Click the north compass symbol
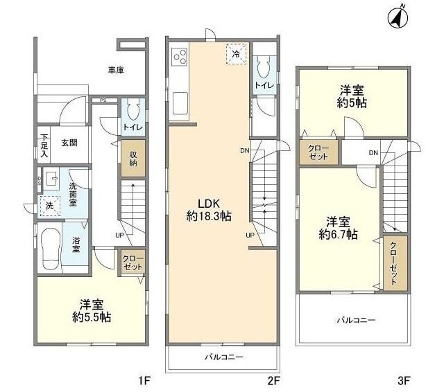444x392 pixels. [398, 17]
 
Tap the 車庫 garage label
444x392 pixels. [116, 70]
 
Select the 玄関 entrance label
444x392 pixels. [69, 143]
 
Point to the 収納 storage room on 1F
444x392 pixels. [133, 159]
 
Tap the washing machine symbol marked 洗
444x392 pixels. [50, 206]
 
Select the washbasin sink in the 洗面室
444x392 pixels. [51, 179]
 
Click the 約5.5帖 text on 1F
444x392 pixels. [92, 317]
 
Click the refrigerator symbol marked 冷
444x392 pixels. [237, 54]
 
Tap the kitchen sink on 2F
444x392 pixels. [180, 103]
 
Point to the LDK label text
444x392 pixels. [209, 204]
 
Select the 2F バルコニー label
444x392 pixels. [224, 357]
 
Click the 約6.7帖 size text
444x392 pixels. [338, 235]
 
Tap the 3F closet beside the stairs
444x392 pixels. [395, 263]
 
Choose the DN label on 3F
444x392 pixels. [373, 153]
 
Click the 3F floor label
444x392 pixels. [404, 381]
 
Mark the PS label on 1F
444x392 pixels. [103, 100]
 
